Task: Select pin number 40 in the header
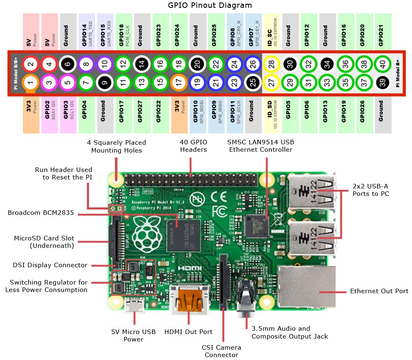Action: coord(383,64)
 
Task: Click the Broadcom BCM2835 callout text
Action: coord(41,213)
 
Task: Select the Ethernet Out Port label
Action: coord(379,291)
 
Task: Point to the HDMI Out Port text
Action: coord(188,332)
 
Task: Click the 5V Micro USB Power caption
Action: coord(133,335)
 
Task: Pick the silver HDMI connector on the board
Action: coord(189,296)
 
